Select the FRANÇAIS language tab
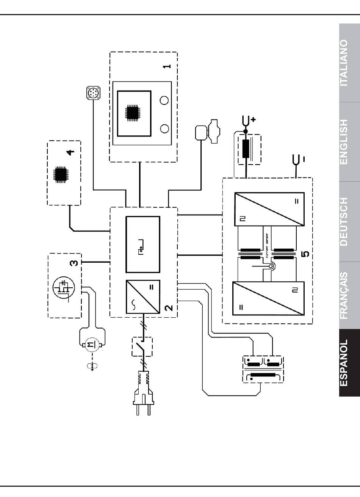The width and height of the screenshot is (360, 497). coord(349,295)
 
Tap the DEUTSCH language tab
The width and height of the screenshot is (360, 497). coord(349,222)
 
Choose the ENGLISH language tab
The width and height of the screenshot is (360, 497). coord(349,142)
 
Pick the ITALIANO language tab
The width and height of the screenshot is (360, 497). coord(349,63)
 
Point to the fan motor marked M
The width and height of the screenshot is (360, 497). coord(92,345)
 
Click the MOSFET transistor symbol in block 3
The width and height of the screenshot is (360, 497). coord(64,288)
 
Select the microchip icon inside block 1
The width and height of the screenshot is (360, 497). coord(134,113)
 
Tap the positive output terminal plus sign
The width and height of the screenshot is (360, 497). coord(253,119)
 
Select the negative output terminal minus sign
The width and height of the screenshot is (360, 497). coord(304,159)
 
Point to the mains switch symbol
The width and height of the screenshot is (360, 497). coord(142,347)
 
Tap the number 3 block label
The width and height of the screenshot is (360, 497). coord(74,263)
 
